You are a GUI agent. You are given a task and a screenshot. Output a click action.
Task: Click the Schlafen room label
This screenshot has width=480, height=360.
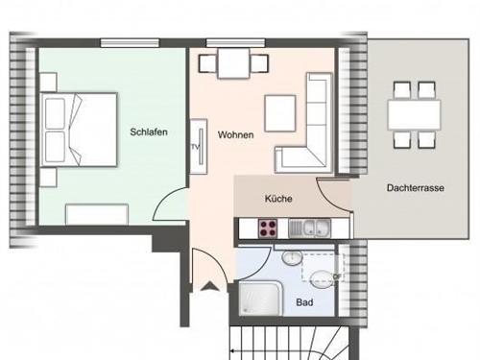point(149,132)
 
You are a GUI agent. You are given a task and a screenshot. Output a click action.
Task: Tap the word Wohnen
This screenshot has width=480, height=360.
point(236,134)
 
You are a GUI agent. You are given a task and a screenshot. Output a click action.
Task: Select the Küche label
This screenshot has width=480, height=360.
point(278,199)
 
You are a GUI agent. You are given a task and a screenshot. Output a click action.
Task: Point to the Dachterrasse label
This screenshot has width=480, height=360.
point(416,187)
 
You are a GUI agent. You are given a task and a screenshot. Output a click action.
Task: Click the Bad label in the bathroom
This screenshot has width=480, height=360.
point(304,302)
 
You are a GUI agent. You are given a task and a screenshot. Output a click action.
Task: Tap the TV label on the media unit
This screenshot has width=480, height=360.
point(195,147)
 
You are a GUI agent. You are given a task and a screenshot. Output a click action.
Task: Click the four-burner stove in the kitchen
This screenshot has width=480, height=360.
point(268,228)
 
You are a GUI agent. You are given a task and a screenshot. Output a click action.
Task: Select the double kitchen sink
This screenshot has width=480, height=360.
point(309,228)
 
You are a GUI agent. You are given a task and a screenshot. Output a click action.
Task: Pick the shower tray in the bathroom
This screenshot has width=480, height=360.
point(260,299)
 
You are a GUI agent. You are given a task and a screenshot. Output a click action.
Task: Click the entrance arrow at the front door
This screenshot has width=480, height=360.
point(210,286)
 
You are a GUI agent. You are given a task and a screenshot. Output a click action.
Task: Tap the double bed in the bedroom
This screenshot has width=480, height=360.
point(79,130)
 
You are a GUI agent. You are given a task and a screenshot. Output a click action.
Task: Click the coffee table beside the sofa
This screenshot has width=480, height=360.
point(280,113)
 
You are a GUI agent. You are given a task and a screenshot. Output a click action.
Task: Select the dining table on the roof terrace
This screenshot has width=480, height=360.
point(414,114)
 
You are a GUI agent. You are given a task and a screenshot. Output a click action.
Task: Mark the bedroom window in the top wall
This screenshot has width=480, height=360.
point(130,43)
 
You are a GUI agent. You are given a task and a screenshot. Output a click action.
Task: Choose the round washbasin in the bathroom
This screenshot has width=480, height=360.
point(292,258)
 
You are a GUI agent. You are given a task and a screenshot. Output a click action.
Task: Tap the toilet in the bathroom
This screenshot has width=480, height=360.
point(322,278)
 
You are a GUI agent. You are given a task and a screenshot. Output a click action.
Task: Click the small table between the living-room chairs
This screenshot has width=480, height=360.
point(233,63)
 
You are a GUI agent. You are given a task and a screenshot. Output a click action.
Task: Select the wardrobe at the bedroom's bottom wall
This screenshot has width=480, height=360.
point(97,214)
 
